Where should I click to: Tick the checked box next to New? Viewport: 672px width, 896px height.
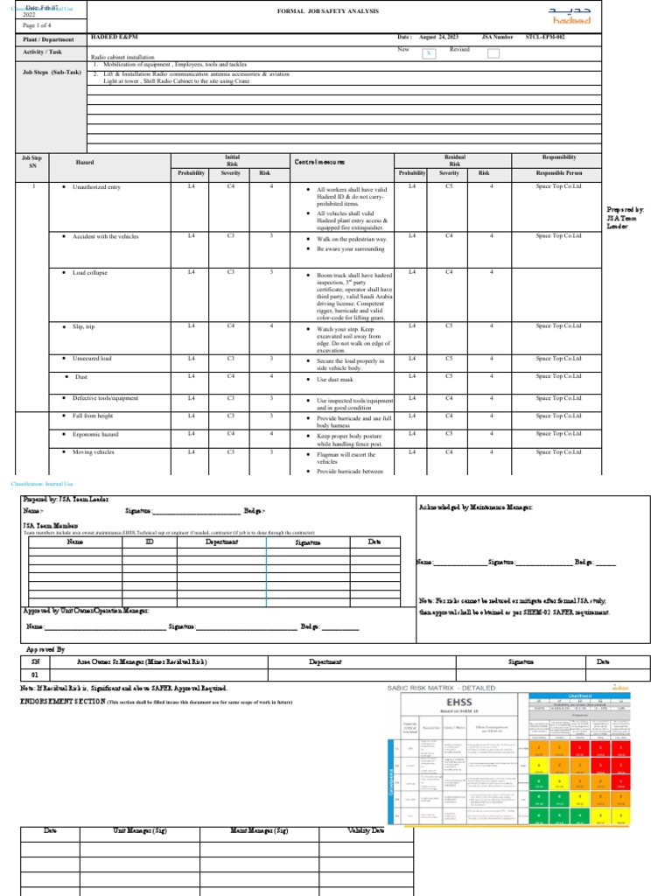pyautogui.click(x=429, y=53)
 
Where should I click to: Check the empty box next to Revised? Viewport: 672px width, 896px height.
pyautogui.click(x=493, y=53)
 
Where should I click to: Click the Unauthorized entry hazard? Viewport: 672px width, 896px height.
pyautogui.click(x=96, y=187)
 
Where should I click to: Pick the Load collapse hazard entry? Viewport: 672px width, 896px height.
pyautogui.click(x=90, y=272)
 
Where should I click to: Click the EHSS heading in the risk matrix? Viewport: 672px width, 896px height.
pyautogui.click(x=458, y=703)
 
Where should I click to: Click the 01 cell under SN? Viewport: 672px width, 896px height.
pyautogui.click(x=35, y=675)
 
